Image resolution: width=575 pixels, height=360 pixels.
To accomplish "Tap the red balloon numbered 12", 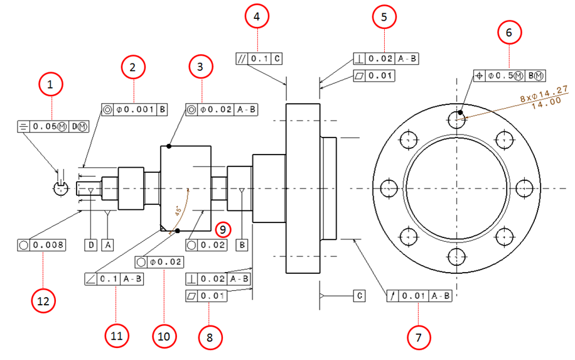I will tap(43, 301).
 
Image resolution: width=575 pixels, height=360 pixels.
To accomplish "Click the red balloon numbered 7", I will tap(418, 337).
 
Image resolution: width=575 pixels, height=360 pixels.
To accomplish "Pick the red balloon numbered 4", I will tap(256, 18).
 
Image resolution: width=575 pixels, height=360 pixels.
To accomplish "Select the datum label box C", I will tap(358, 295).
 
